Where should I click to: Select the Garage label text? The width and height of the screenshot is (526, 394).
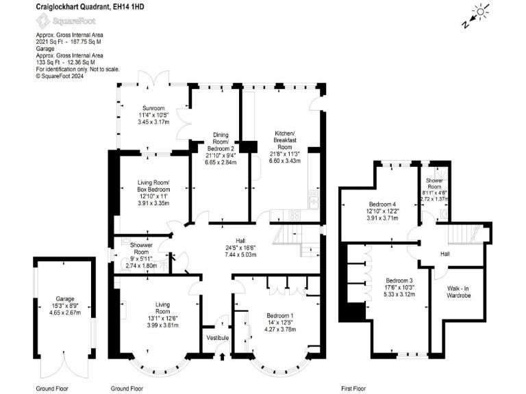[65, 298]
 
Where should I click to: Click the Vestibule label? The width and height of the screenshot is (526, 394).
[217, 338]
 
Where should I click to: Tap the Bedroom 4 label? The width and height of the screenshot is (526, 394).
[383, 204]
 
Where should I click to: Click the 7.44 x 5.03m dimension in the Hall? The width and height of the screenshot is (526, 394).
[240, 254]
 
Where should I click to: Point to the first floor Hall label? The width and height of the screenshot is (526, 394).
[444, 253]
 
